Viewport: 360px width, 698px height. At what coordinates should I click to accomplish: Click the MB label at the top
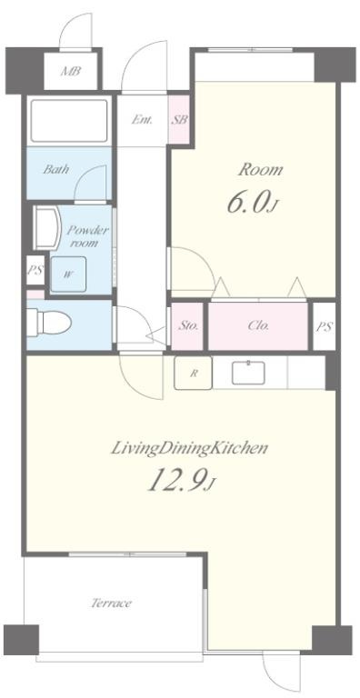(x=71, y=71)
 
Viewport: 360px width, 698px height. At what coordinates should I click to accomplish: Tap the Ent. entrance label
(x=142, y=119)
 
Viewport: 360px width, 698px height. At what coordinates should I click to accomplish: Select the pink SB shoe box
(x=180, y=119)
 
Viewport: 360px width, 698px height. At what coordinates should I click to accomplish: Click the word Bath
(x=56, y=169)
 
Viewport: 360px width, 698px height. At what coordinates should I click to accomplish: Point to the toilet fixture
(x=49, y=322)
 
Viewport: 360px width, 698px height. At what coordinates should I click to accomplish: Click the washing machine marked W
(x=68, y=274)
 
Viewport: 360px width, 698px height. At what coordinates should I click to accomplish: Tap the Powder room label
(x=87, y=236)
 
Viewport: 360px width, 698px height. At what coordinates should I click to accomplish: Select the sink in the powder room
(x=47, y=228)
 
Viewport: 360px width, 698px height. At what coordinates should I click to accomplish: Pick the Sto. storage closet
(x=188, y=326)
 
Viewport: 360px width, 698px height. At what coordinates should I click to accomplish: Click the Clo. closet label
(x=258, y=326)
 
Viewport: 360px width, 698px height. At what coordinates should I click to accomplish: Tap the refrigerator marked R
(x=193, y=373)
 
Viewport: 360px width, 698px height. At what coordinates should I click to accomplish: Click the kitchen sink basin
(x=248, y=373)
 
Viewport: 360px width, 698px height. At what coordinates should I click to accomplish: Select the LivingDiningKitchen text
(x=189, y=448)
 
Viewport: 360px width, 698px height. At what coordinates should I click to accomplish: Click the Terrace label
(x=112, y=603)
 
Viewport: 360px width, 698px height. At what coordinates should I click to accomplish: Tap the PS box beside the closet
(x=325, y=326)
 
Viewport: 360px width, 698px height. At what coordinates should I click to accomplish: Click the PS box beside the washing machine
(x=35, y=270)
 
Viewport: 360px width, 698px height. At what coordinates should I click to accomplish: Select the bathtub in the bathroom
(x=69, y=121)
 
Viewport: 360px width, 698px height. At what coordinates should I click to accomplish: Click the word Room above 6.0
(x=261, y=170)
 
